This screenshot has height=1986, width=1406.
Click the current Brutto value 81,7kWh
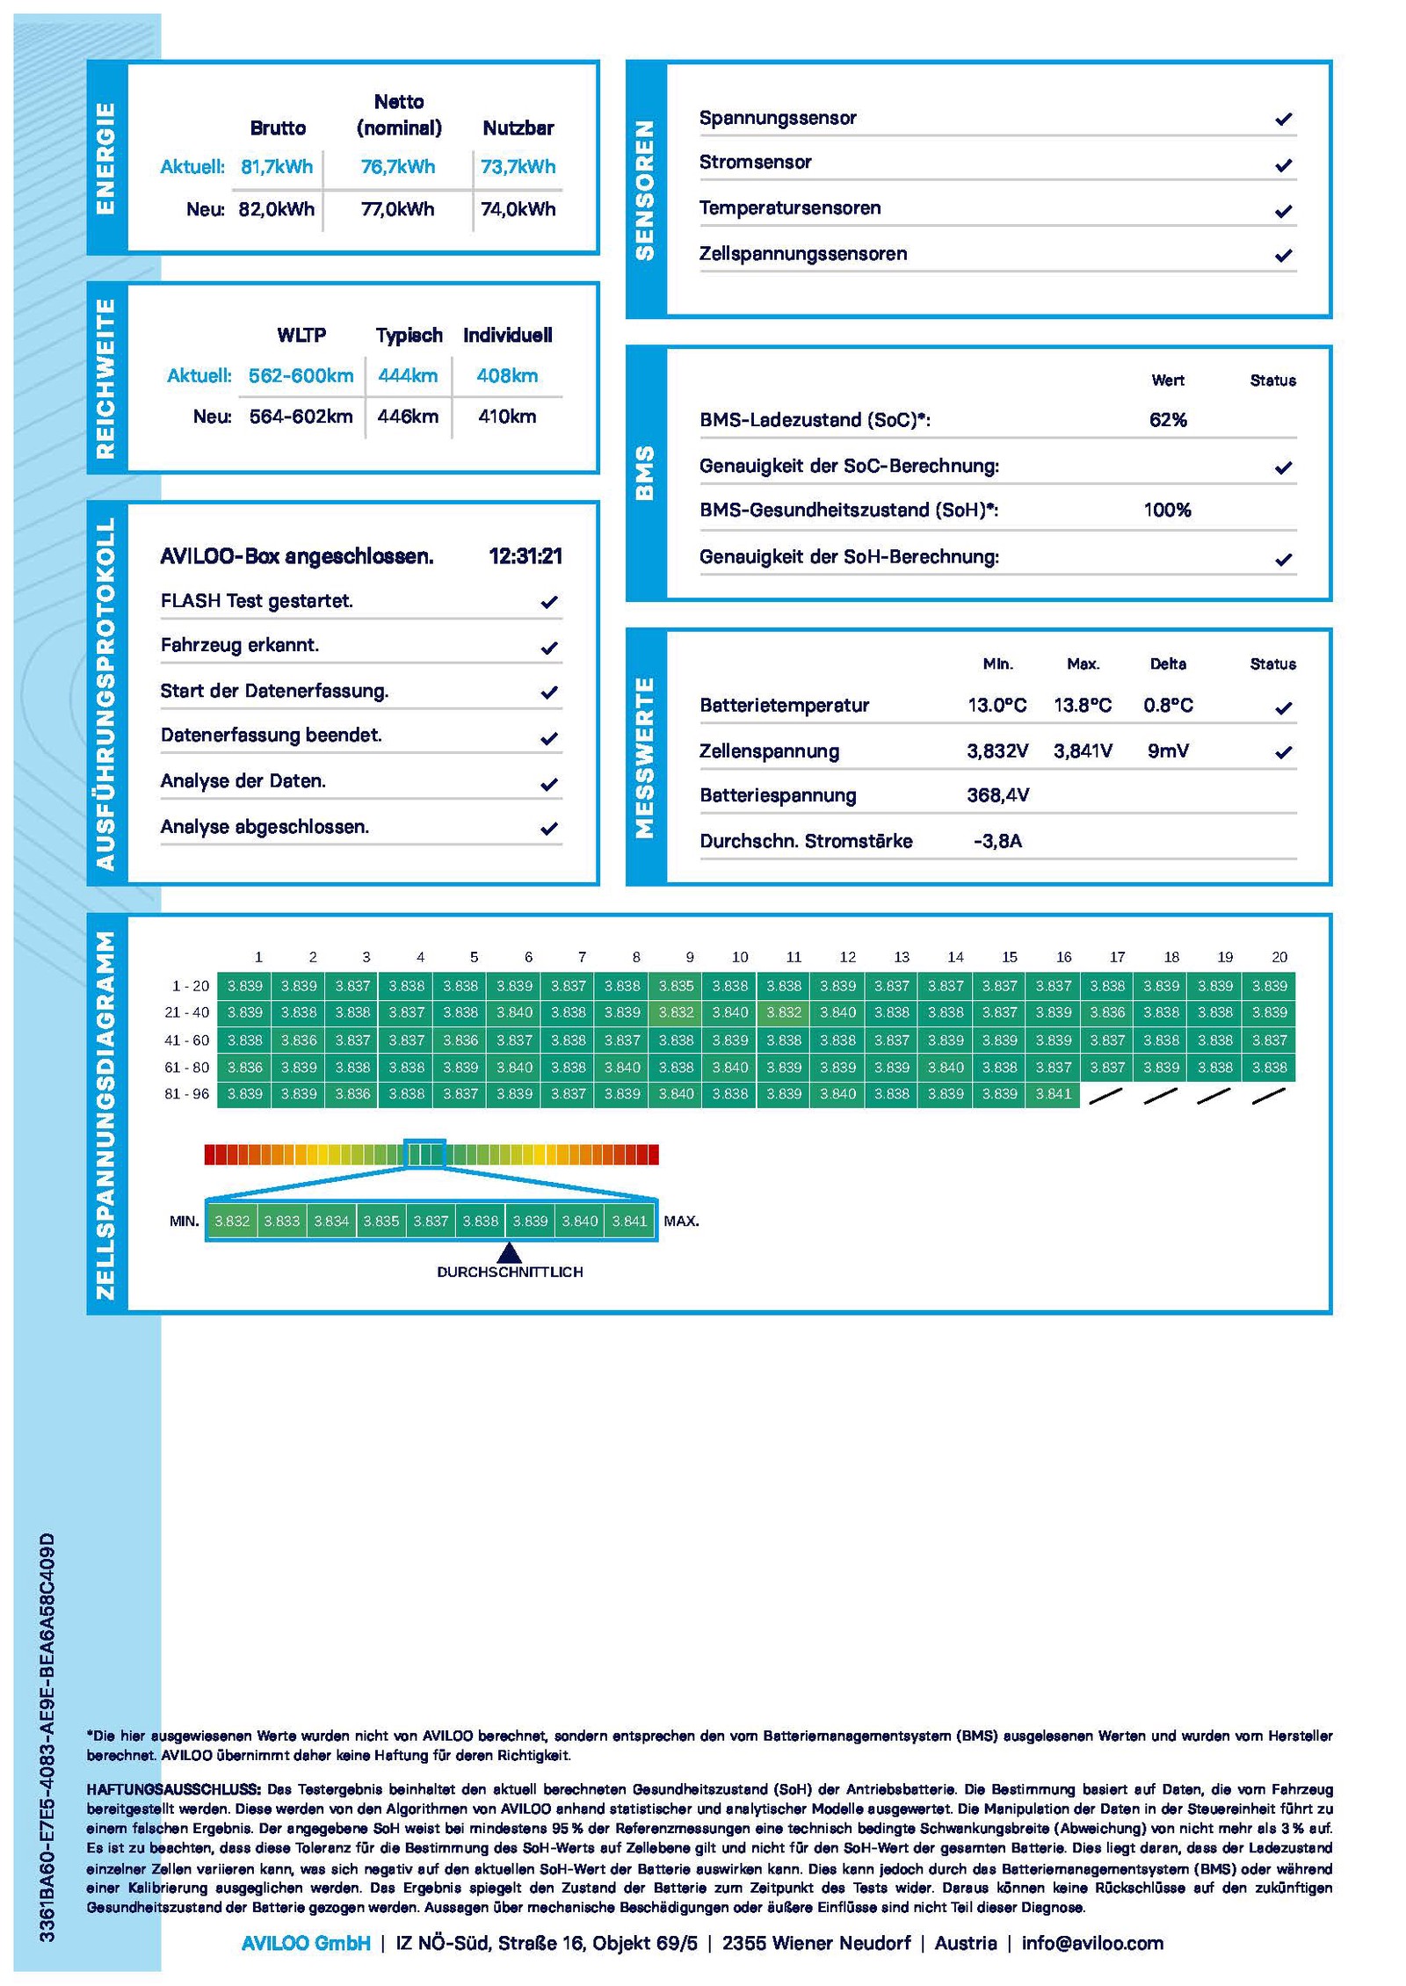[x=277, y=167]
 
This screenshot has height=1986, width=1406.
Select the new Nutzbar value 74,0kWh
[x=518, y=209]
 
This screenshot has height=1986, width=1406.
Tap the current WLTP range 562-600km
[x=301, y=376]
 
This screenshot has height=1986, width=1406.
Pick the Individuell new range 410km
[x=507, y=417]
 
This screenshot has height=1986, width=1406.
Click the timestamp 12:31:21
[x=525, y=556]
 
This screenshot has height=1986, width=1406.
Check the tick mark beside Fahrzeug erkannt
[x=549, y=648]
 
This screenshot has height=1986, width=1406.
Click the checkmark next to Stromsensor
[x=1283, y=164]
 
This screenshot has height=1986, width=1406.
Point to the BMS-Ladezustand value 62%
[x=1168, y=420]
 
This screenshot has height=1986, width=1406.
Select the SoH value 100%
[x=1167, y=511]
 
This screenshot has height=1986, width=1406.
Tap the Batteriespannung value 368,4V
[x=997, y=795]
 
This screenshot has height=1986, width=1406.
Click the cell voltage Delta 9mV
[x=1168, y=751]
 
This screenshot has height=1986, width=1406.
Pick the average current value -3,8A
[x=997, y=841]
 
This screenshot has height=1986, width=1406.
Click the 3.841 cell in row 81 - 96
[x=1053, y=1094]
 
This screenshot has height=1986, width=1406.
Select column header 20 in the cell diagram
[x=1279, y=957]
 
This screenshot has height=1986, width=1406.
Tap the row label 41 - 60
[x=187, y=1040]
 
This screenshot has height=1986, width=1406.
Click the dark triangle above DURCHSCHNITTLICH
[x=509, y=1252]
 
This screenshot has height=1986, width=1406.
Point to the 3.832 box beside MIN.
[x=232, y=1221]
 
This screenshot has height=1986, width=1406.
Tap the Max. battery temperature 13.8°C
[x=1083, y=706]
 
